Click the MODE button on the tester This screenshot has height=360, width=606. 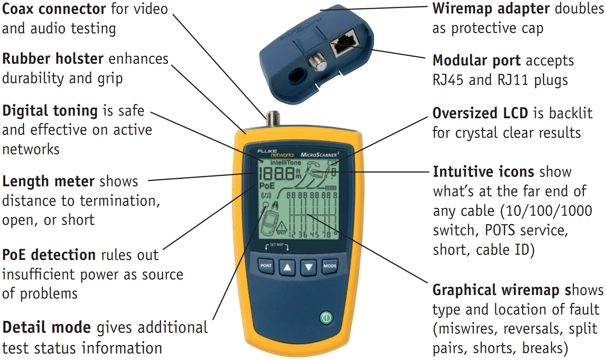[x=329, y=266]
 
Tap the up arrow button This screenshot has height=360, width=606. [x=287, y=267]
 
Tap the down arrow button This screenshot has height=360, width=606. [x=308, y=267]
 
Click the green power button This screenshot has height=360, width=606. [x=326, y=318]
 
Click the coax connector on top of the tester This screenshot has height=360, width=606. [x=273, y=119]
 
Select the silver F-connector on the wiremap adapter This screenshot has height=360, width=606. [x=317, y=62]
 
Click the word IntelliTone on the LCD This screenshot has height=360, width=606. [x=285, y=163]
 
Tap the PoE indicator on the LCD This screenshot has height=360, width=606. [x=267, y=186]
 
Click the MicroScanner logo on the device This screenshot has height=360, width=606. [x=319, y=155]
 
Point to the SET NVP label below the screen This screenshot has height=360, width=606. [x=277, y=245]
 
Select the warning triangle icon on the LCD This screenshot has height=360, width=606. [x=281, y=226]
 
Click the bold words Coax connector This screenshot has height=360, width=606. [x=54, y=9]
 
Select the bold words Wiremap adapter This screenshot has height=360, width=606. [x=491, y=8]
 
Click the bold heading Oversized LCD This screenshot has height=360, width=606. [x=480, y=113]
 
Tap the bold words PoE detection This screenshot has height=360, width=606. [x=48, y=255]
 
